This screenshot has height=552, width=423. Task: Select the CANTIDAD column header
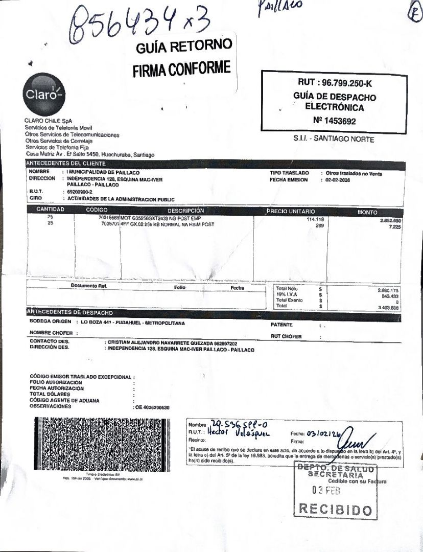tap(50, 210)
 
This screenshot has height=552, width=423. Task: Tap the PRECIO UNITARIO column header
tap(291, 212)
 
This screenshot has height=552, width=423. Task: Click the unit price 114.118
tap(316, 219)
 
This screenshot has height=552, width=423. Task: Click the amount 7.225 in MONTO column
tap(393, 226)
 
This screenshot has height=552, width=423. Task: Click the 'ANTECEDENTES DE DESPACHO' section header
tap(69, 312)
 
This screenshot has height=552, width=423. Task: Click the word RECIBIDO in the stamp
tap(335, 510)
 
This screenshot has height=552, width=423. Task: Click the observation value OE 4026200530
tap(152, 407)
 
